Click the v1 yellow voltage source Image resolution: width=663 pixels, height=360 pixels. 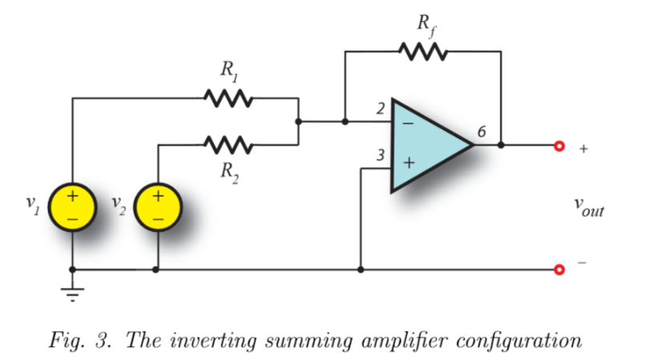[72, 205]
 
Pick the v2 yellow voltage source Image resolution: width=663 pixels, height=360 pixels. [157, 205]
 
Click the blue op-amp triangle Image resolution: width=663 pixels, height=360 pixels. [429, 145]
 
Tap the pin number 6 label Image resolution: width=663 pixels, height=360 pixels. [479, 132]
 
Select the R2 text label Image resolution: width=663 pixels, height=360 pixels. [229, 170]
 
